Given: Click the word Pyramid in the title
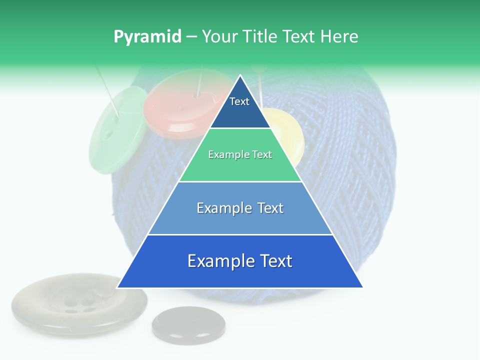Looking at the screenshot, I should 147,37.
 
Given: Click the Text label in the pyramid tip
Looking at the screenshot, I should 239,101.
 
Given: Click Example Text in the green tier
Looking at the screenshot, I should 240,154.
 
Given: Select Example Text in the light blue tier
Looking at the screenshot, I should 240,208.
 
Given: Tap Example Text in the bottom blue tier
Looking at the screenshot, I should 240,261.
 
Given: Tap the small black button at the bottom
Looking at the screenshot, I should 188,322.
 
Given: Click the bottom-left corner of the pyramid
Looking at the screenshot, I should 118,287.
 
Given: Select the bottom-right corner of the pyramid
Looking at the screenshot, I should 362,287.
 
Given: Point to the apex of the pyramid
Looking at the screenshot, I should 240,76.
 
